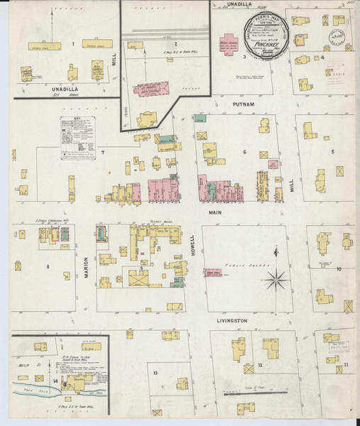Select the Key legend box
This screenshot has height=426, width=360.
(74, 136)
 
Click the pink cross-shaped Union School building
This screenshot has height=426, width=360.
(231, 42)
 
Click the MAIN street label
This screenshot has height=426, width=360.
(215, 212)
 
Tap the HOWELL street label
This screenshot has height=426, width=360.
(192, 245)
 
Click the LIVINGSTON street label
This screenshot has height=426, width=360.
(231, 321)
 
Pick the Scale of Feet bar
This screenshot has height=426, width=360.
(254, 392)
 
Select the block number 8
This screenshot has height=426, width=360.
(48, 267)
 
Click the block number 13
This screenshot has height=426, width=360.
(154, 372)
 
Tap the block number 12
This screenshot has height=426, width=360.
(261, 365)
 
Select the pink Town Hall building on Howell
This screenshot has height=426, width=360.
(212, 273)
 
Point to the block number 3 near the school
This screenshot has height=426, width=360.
(244, 55)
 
